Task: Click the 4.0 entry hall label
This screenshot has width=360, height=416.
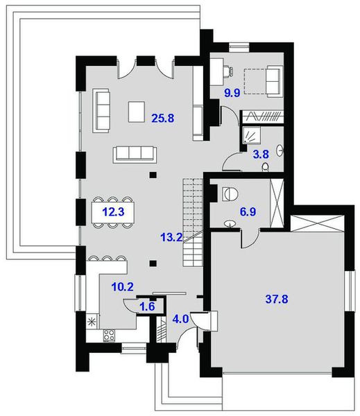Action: pos(180,320)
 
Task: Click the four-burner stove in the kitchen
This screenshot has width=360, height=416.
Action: pos(110,336)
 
